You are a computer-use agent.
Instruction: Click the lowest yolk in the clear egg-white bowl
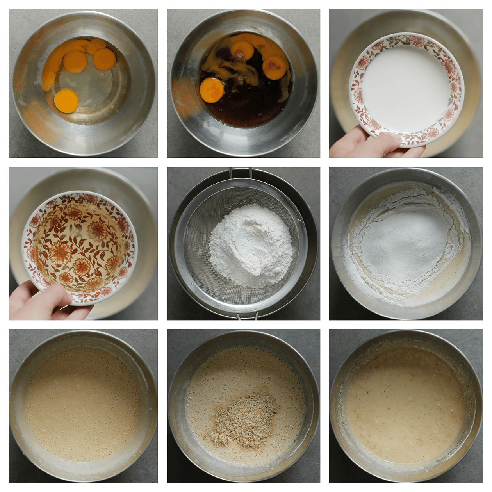[66, 101]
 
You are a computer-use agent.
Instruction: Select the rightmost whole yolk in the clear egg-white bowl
[104, 59]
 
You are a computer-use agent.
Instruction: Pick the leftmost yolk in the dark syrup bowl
[212, 90]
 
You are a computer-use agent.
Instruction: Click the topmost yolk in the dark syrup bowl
[242, 50]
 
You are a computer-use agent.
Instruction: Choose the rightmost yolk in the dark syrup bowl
[274, 67]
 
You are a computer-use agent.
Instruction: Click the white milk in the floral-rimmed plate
[406, 86]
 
